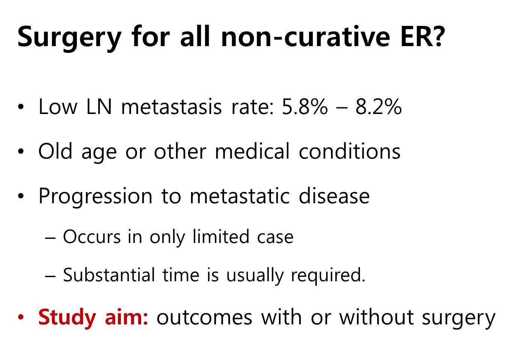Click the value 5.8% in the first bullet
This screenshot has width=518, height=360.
pos(304,107)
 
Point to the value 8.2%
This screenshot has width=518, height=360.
pos(379,107)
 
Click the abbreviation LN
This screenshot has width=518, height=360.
pos(99,107)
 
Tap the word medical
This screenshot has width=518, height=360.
pos(252,151)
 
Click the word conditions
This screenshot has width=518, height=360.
pos(349,151)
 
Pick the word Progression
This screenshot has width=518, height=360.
pos(95,197)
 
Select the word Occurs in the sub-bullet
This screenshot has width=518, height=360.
pos(92,237)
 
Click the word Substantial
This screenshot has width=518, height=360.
pos(109,275)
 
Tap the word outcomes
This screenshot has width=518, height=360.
pos(204,318)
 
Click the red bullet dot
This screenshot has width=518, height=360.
pos(21,317)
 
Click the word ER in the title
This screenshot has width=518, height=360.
pos(414,36)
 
